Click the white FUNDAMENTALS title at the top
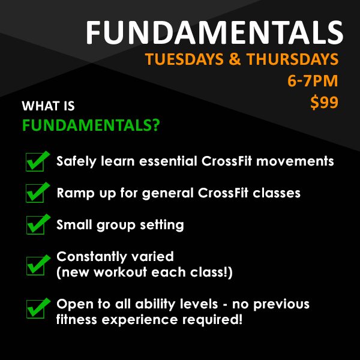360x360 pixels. (x=214, y=32)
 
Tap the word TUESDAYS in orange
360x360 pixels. (x=184, y=59)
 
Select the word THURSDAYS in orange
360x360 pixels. (x=292, y=59)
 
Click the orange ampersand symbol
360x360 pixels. (x=235, y=59)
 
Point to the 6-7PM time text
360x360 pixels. (x=313, y=81)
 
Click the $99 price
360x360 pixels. (x=324, y=102)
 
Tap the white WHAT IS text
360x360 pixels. (x=48, y=106)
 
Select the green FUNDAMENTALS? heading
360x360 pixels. (x=91, y=125)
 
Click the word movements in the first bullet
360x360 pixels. (x=295, y=161)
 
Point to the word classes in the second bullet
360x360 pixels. (x=277, y=193)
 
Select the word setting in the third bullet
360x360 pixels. (x=162, y=225)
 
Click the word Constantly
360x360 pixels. (x=92, y=257)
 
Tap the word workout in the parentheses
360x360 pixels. (x=121, y=272)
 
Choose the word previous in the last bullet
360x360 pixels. (x=281, y=305)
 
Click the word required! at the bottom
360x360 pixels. (x=212, y=320)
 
